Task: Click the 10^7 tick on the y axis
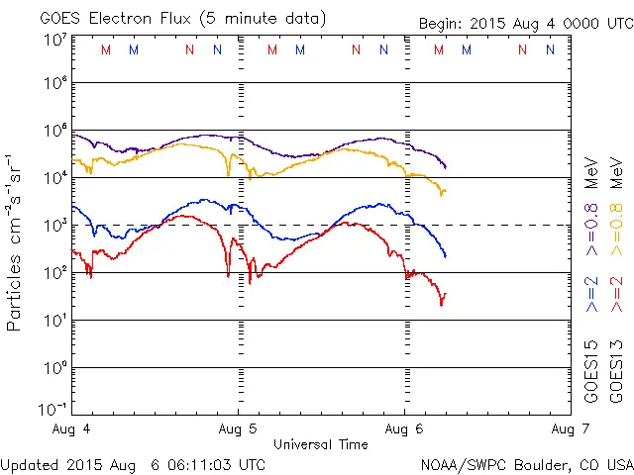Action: click(x=55, y=39)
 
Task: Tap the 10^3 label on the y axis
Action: click(x=55, y=225)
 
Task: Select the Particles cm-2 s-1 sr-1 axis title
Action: click(x=17, y=242)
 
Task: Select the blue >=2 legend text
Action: click(x=591, y=295)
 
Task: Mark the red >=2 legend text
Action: click(x=615, y=295)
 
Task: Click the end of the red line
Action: click(x=446, y=293)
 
